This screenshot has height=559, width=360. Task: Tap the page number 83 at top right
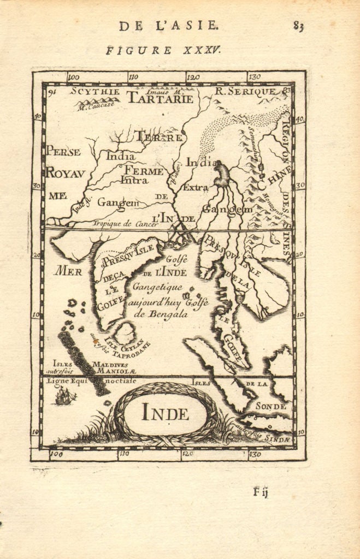coord(298,26)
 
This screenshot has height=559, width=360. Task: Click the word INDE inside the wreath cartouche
coord(165,414)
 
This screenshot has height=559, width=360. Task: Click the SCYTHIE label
coord(95,92)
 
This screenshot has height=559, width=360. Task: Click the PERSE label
coord(63,151)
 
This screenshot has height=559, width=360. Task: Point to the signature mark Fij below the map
coord(261,491)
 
